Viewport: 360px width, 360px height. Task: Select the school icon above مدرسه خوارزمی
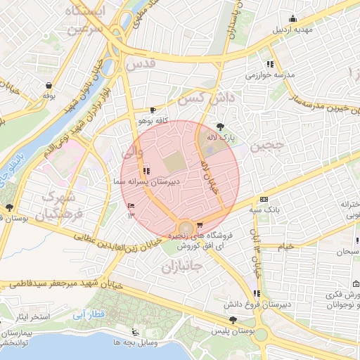pyautogui.click(x=270, y=64)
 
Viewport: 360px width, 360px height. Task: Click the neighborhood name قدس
pyautogui.click(x=139, y=65)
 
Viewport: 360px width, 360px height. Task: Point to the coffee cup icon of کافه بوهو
pyautogui.click(x=153, y=110)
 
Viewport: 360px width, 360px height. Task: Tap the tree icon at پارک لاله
pyautogui.click(x=222, y=127)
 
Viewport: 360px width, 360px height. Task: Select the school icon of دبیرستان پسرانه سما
pyautogui.click(x=146, y=170)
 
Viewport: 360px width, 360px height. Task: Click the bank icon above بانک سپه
pyautogui.click(x=263, y=199)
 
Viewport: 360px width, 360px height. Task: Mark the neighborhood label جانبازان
pyautogui.click(x=182, y=267)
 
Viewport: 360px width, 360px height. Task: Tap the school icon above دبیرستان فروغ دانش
pyautogui.click(x=257, y=293)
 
